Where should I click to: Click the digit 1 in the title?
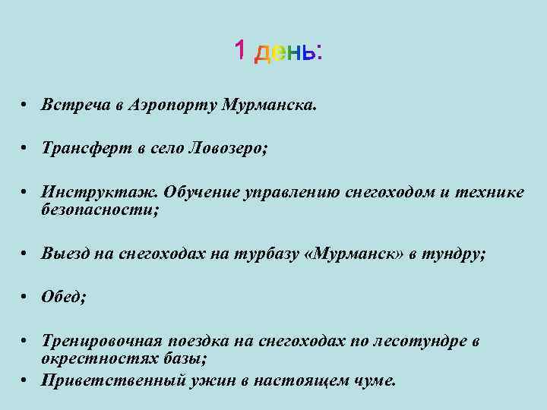pos(239,52)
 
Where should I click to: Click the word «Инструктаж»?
pos(100,193)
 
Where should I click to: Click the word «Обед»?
pos(64,298)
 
